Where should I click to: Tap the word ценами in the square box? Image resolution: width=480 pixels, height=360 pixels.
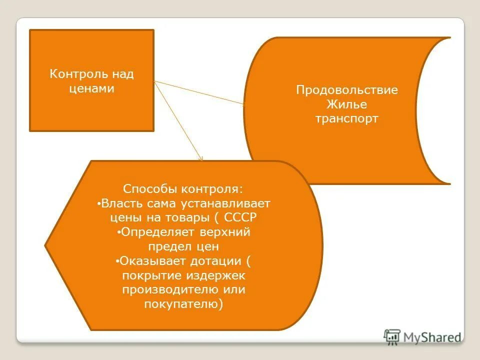91,89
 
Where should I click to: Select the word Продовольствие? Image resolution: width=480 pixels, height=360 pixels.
346,90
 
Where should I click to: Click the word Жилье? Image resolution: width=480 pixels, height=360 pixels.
346,104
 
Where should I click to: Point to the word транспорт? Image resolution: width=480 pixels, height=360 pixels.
346,119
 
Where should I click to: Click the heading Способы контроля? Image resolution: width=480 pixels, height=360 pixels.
183,189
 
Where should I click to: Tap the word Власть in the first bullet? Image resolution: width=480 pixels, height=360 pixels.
121,204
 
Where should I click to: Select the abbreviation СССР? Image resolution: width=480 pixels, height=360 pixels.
240,218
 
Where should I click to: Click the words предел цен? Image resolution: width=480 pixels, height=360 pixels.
183,246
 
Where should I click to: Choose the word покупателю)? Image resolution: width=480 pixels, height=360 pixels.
183,304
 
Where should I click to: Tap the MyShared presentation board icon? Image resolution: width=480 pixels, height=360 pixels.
392,337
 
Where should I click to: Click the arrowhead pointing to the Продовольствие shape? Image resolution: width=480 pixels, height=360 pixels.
243,104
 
